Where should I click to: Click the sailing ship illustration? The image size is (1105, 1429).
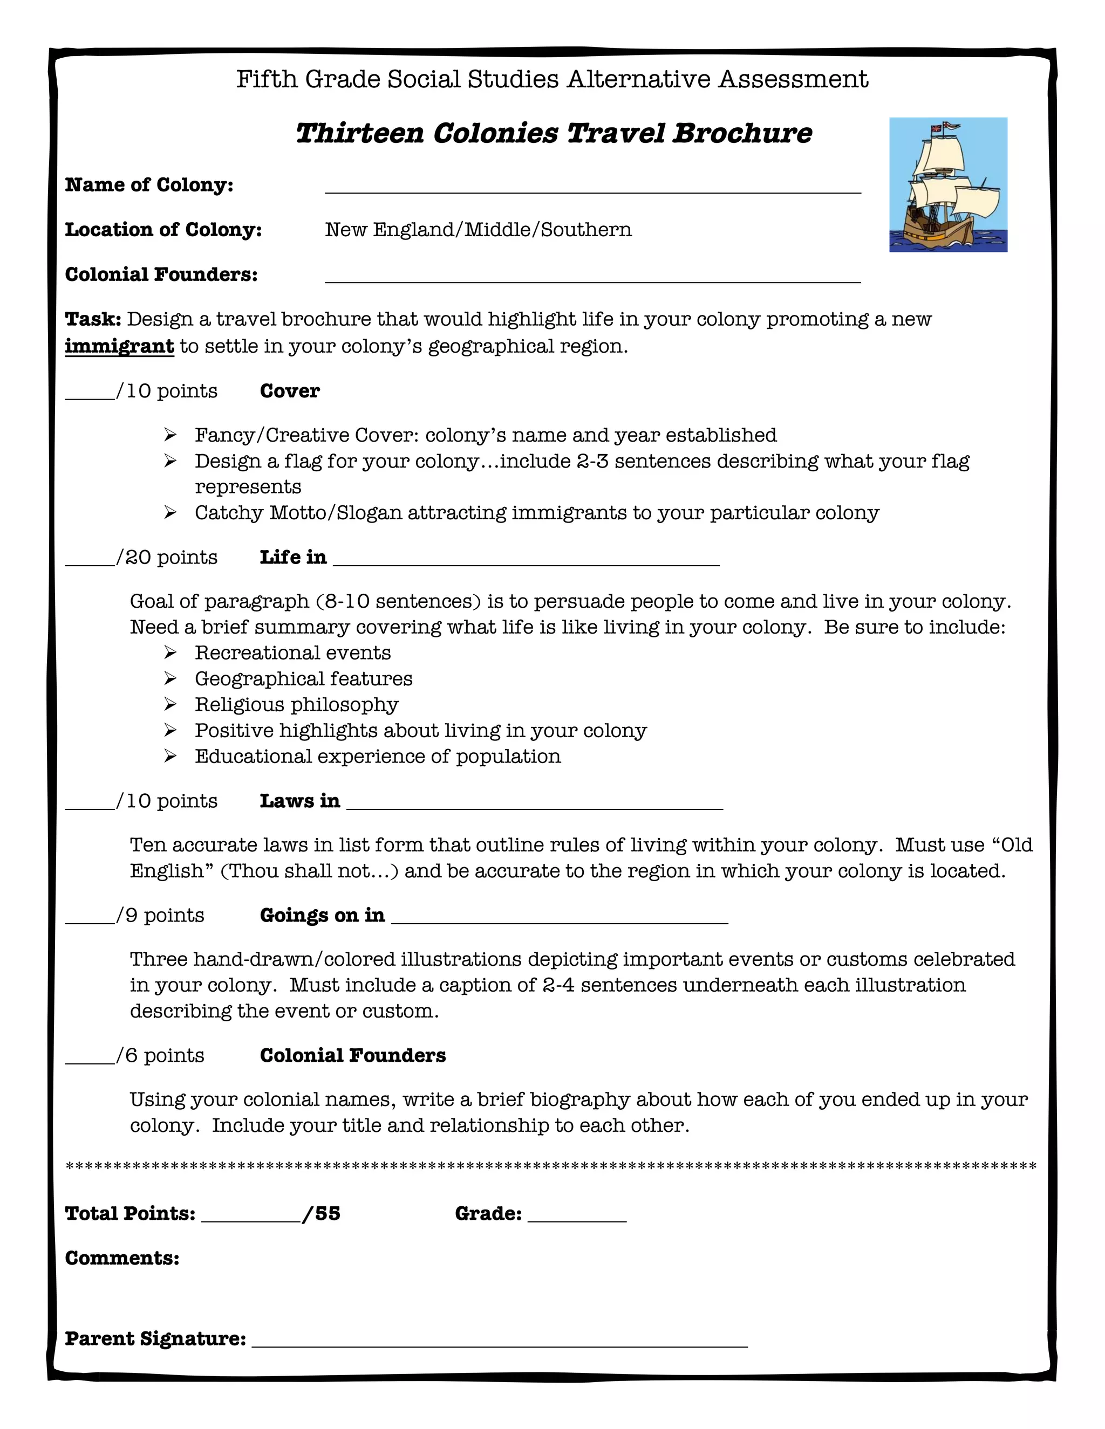click(x=948, y=185)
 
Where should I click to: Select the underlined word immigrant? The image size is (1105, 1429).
click(x=119, y=346)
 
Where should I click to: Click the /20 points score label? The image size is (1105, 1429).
click(x=166, y=557)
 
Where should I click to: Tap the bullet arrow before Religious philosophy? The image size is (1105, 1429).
click(x=170, y=704)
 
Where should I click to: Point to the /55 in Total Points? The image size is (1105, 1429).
click(x=322, y=1214)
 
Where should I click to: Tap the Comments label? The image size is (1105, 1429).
click(x=122, y=1258)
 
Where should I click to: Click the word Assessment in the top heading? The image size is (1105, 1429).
click(x=793, y=79)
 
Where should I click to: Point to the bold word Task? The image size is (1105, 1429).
click(x=92, y=319)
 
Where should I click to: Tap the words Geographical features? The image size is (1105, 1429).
click(x=304, y=678)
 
